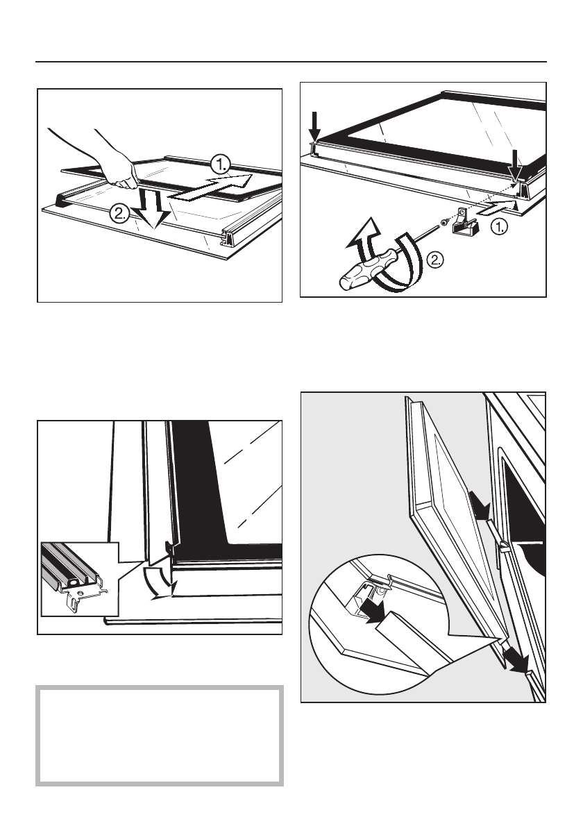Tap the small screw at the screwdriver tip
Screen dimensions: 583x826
coord(441,222)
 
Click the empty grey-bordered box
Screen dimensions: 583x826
coord(159,736)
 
